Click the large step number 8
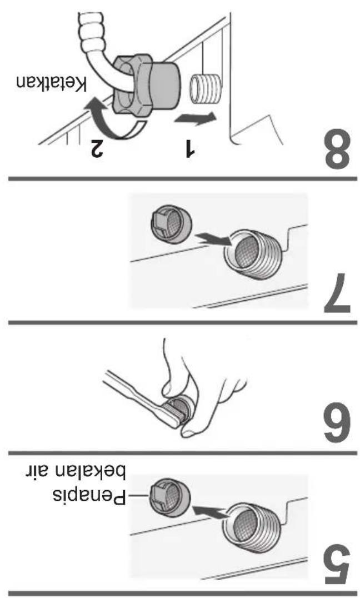tap(337, 150)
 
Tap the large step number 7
tap(338, 293)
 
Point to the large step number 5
tap(337, 565)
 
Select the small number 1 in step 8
tap(189, 149)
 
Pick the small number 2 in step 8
tap(96, 148)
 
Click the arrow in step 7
tap(213, 240)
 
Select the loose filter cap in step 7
tap(169, 224)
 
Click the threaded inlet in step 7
tap(252, 255)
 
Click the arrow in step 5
tap(211, 512)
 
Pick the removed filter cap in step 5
tap(169, 497)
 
